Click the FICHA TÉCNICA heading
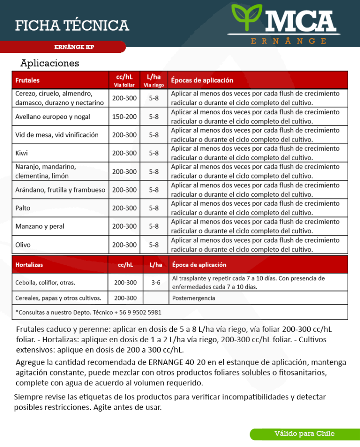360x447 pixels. tap(72, 25)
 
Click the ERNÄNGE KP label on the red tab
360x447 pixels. tap(74, 47)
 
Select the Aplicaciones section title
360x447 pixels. tap(50, 63)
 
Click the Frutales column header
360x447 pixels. tap(27, 80)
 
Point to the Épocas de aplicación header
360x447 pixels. tap(202, 80)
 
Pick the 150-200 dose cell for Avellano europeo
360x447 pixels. tap(124, 117)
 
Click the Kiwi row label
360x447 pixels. tap(21, 153)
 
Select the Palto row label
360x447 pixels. tap(23, 208)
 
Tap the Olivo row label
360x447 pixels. tap(23, 244)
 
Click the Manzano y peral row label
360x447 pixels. tap(40, 226)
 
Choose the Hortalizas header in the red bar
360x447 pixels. tap(29, 265)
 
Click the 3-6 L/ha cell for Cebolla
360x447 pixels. tap(156, 282)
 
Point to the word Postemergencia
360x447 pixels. tap(194, 298)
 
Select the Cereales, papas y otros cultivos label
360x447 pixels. tap(58, 298)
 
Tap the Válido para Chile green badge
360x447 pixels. tap(305, 433)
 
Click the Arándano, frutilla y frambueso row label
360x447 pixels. tap(60, 190)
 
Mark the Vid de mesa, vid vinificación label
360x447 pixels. tap(57, 135)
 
